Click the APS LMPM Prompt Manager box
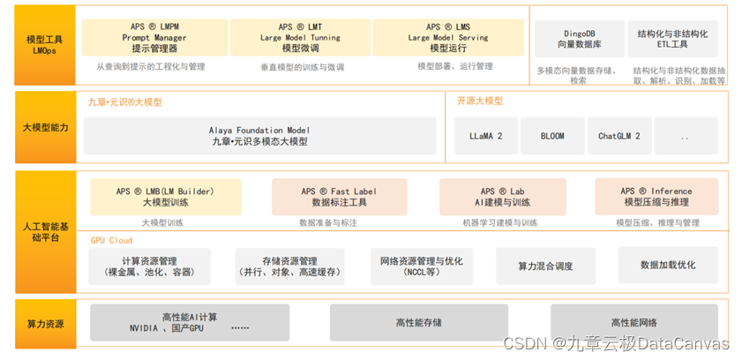click(x=154, y=38)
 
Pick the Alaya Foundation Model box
click(x=259, y=136)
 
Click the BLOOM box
click(x=552, y=137)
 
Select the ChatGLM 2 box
click(x=619, y=137)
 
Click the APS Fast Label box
click(x=339, y=197)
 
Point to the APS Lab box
click(x=502, y=197)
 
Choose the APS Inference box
click(x=656, y=197)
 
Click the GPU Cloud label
click(x=111, y=240)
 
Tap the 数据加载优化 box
click(x=668, y=265)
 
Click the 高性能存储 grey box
click(x=418, y=323)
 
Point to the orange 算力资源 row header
click(x=44, y=324)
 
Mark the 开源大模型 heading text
click(x=480, y=101)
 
